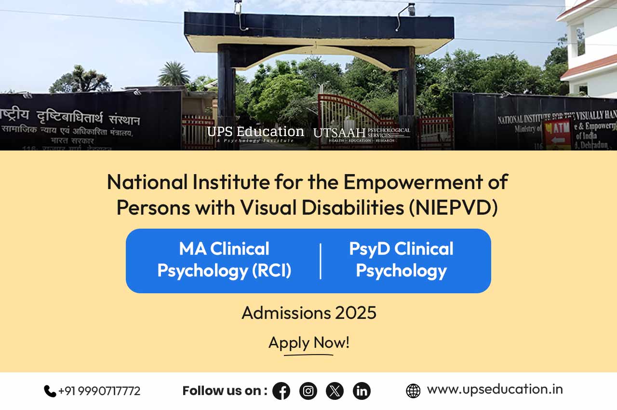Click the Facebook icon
(x=281, y=391)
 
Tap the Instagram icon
(x=308, y=391)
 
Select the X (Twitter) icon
(x=335, y=391)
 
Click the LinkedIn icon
(x=362, y=391)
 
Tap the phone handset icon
(x=50, y=391)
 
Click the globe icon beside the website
(x=413, y=391)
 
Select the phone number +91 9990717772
(x=99, y=391)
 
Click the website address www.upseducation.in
(x=495, y=389)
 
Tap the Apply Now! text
(x=308, y=342)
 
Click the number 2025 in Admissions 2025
(x=356, y=313)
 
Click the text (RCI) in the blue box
(x=271, y=270)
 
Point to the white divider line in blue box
(x=321, y=261)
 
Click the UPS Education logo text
(x=255, y=132)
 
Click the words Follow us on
(x=225, y=391)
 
